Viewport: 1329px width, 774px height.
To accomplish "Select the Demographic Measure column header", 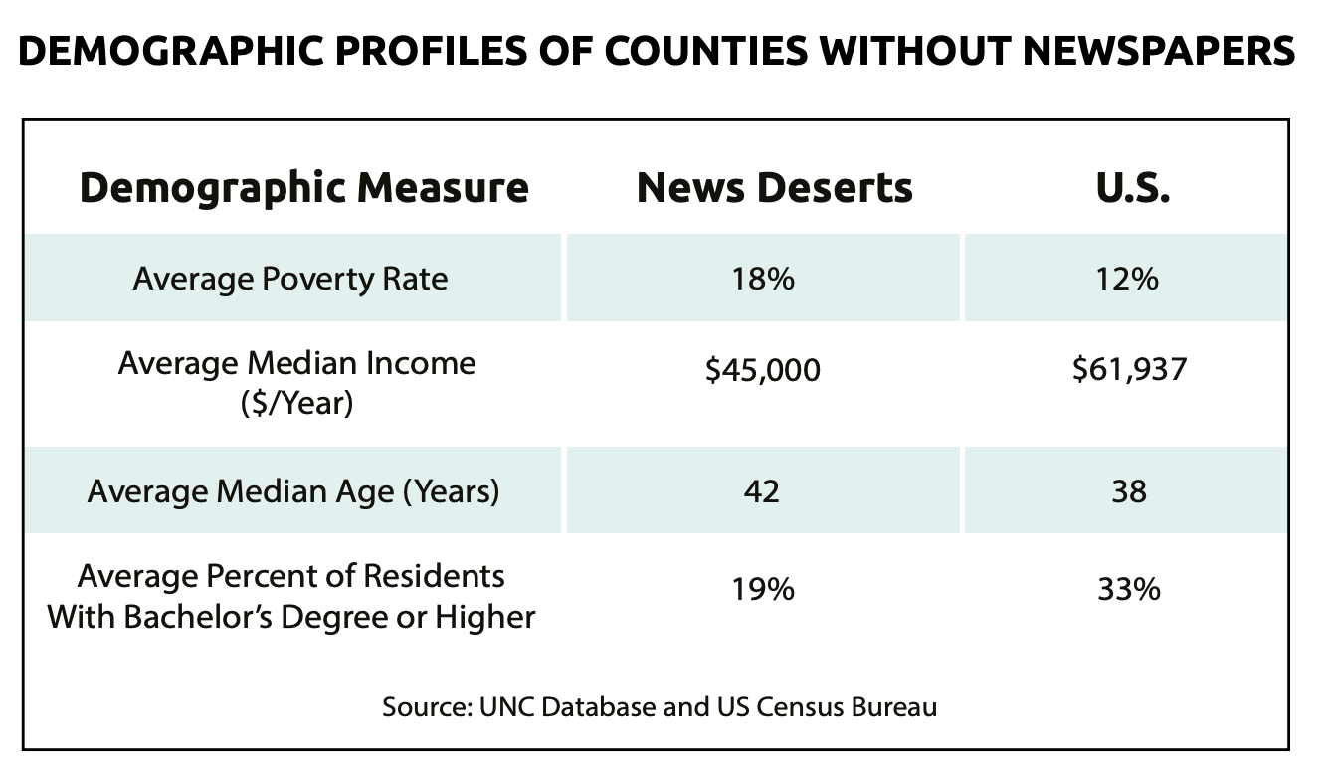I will pos(303,187).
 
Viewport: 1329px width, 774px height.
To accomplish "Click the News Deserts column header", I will pos(774,187).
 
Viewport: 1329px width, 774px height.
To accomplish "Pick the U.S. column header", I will pos(1129,187).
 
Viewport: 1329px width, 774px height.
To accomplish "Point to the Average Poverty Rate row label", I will pos(290,279).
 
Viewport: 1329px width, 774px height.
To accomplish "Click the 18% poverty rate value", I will pos(763,279).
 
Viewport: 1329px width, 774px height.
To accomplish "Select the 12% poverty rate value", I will pos(1129,279).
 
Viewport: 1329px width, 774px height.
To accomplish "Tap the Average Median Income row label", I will pos(296,363).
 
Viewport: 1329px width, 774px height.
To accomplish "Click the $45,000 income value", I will pos(763,371).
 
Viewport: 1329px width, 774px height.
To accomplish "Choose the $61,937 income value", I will pos(1129,371).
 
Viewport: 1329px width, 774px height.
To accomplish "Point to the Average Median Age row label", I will pos(293,491).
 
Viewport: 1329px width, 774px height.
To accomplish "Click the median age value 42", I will pos(762,491).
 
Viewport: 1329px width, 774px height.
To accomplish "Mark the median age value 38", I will pos(1129,491).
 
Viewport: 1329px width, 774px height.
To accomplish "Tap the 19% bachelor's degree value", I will pos(763,590).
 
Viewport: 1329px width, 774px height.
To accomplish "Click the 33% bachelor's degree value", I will pos(1129,590).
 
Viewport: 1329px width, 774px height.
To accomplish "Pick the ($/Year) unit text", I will pos(296,405).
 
